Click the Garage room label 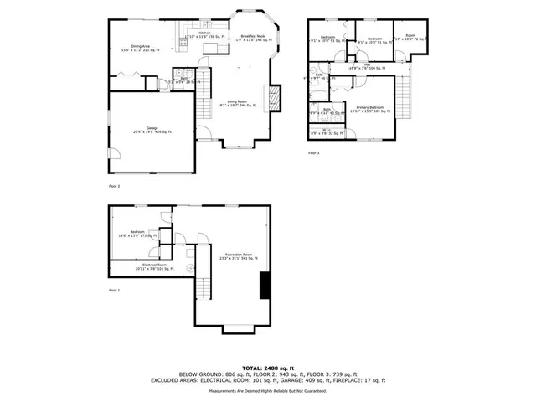tap(152, 130)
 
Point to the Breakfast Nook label tap(253, 39)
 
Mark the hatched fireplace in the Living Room tap(271, 99)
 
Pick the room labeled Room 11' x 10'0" tap(410, 38)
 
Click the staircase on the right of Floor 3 tap(407, 95)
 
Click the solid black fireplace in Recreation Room tap(265, 286)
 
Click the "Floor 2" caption tap(115, 185)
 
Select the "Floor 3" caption tap(314, 153)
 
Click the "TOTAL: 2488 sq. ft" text tap(267, 368)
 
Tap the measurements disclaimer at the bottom tap(267, 391)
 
